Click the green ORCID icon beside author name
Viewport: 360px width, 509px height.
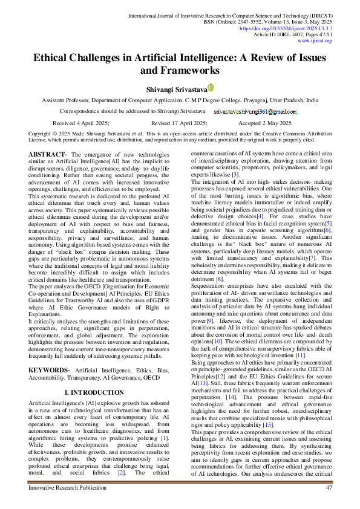tap(211, 88)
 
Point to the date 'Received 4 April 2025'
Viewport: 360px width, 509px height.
tap(81, 122)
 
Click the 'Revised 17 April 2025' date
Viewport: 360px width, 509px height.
tap(178, 122)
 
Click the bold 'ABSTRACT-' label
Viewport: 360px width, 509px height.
tap(48, 155)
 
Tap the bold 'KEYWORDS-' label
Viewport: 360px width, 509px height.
tap(50, 352)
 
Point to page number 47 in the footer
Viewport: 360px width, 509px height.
tap(329, 487)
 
